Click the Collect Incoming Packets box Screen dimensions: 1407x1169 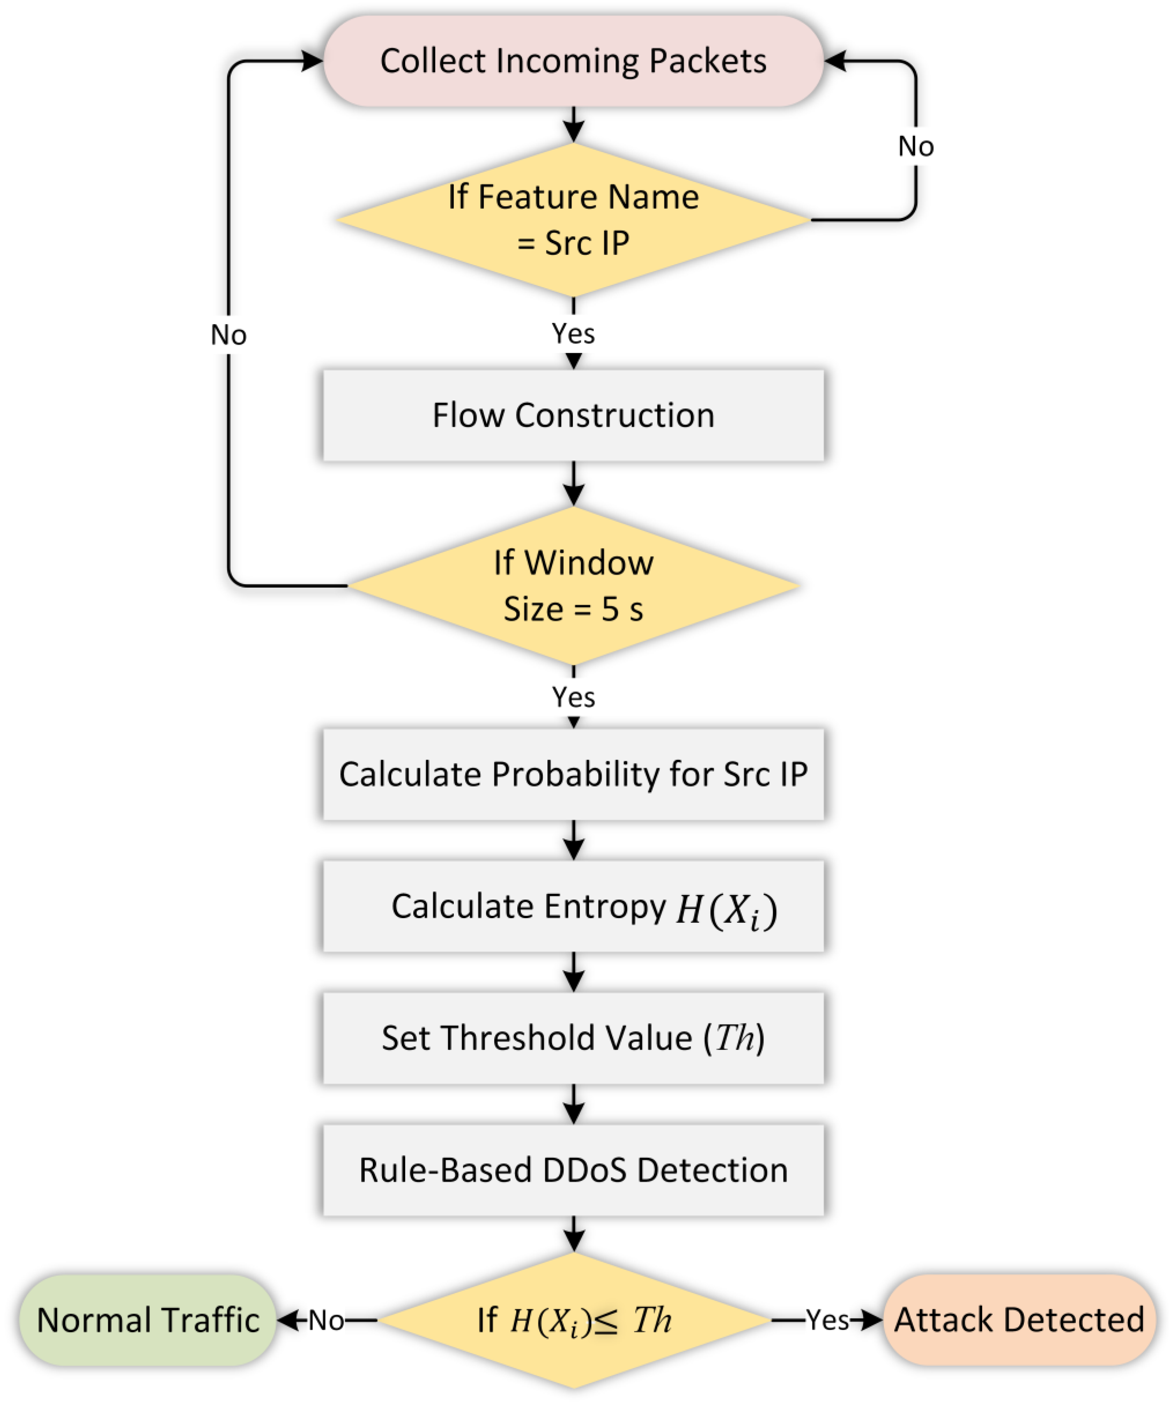point(573,61)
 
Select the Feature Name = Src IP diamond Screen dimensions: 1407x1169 point(573,220)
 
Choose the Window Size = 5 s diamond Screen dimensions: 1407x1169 point(573,585)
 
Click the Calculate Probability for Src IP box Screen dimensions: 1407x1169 point(573,774)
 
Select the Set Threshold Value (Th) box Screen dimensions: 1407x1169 point(573,1038)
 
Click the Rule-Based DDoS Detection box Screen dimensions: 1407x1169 point(573,1170)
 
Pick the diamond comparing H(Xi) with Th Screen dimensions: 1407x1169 point(573,1320)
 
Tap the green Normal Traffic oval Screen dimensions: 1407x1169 point(148,1320)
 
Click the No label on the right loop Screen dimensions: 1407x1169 point(916,146)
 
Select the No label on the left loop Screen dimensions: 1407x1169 point(228,334)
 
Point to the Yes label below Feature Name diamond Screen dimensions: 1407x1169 point(573,333)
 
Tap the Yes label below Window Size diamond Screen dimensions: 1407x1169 point(573,697)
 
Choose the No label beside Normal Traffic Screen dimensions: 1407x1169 point(327,1320)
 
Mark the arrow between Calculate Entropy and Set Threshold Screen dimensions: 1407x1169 point(573,972)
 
